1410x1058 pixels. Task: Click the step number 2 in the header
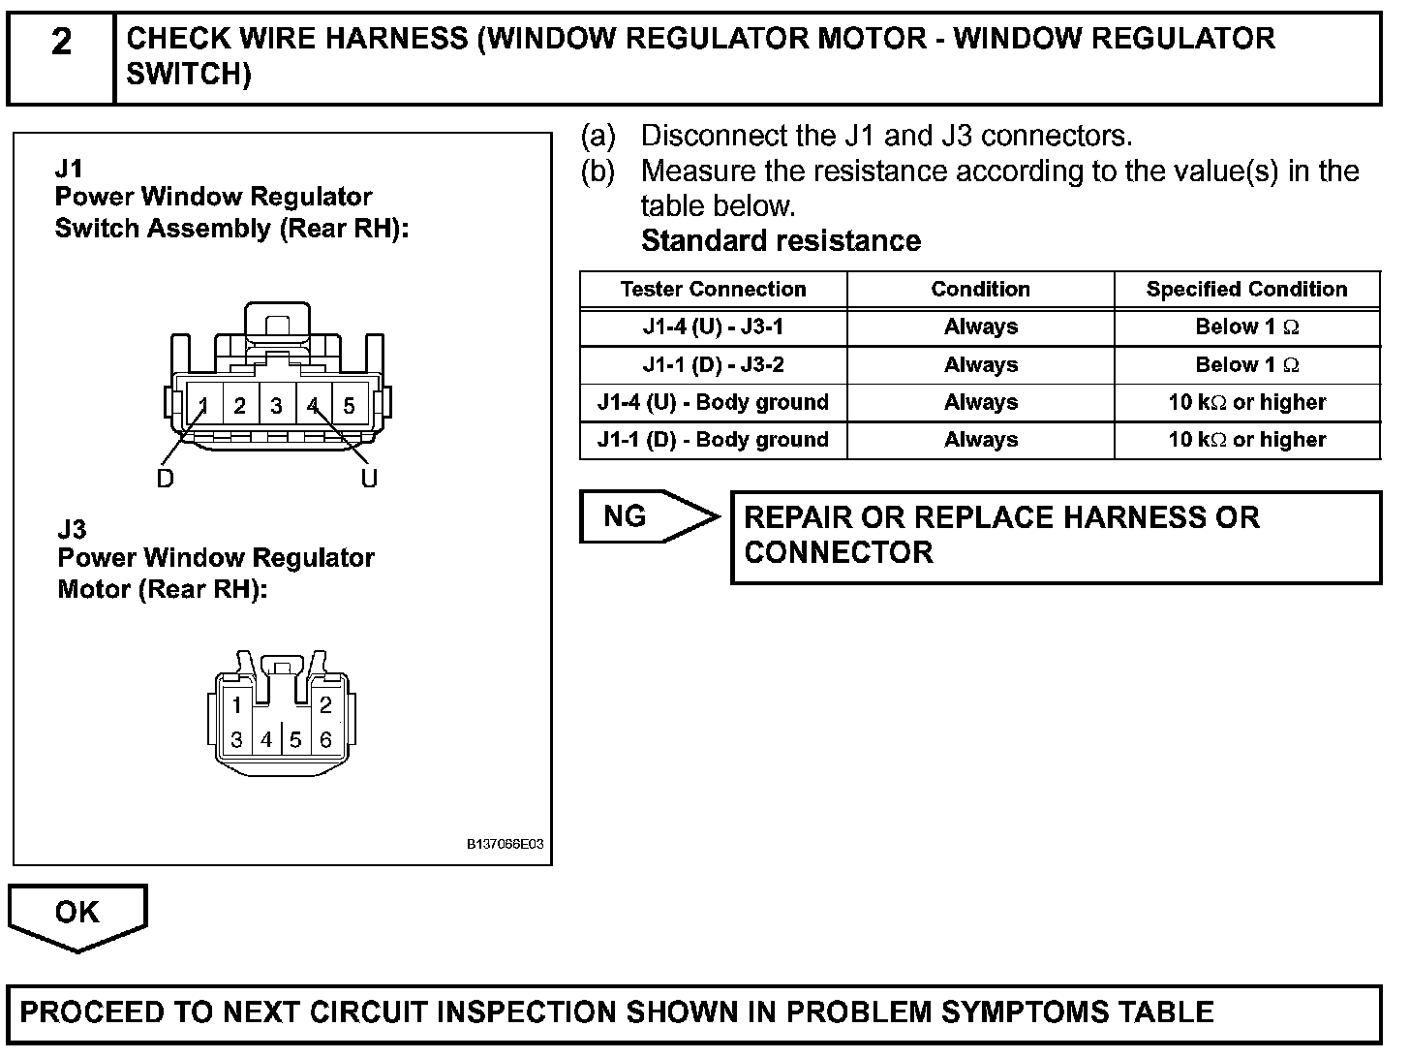tap(61, 43)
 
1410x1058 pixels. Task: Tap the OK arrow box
tap(77, 913)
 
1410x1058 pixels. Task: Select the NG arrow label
tap(626, 516)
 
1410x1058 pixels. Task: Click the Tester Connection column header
tap(713, 290)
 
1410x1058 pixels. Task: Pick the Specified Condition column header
tap(1246, 290)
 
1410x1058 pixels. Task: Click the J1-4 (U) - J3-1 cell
tap(713, 327)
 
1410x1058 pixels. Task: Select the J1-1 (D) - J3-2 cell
tap(713, 365)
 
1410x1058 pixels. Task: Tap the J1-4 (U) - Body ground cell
tap(713, 403)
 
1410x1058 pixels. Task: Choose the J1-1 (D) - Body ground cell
tap(713, 440)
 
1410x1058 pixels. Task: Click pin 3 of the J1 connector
tap(276, 406)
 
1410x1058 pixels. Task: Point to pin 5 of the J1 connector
tap(349, 406)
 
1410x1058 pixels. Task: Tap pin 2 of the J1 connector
tap(239, 406)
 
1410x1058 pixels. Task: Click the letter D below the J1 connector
tap(166, 479)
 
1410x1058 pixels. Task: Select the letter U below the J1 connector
tap(369, 479)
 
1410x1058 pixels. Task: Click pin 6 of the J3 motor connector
tap(325, 740)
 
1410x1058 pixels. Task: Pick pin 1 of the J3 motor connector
tap(236, 705)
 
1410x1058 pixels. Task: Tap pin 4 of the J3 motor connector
tap(266, 740)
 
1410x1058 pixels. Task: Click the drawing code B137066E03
tap(505, 844)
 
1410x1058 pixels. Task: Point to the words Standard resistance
tap(781, 241)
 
